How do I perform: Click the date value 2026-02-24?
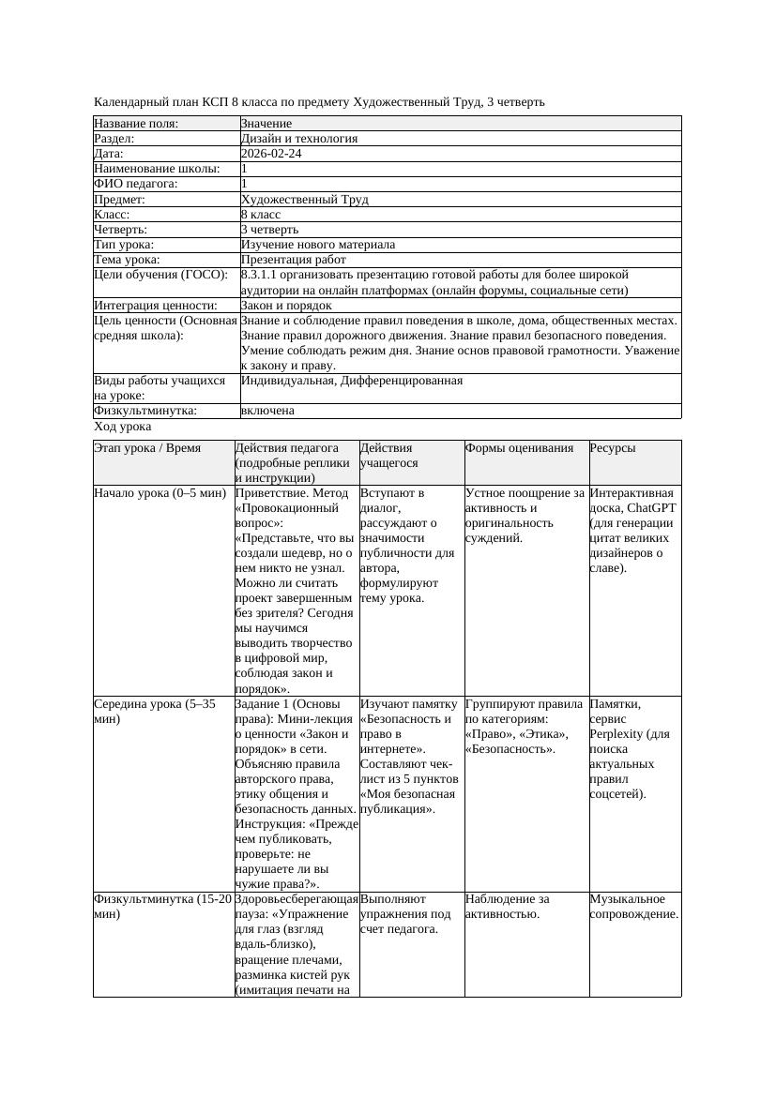pyautogui.click(x=271, y=153)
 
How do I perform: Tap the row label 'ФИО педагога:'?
pyautogui.click(x=136, y=184)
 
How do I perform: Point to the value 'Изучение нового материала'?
pyautogui.click(x=318, y=244)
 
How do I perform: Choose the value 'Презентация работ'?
pyautogui.click(x=294, y=259)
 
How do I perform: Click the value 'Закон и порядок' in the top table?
pyautogui.click(x=286, y=305)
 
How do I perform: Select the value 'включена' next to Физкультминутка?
pyautogui.click(x=267, y=411)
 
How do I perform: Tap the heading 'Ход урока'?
pyautogui.click(x=122, y=427)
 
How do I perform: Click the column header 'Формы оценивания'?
pyautogui.click(x=519, y=448)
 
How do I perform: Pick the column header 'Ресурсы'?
pyautogui.click(x=612, y=448)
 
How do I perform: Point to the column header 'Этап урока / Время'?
pyautogui.click(x=147, y=448)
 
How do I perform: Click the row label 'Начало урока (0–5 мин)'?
pyautogui.click(x=160, y=492)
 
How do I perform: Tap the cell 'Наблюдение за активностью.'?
pyautogui.click(x=507, y=906)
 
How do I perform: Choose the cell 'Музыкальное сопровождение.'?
pyautogui.click(x=633, y=906)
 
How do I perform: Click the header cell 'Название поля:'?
pyautogui.click(x=136, y=123)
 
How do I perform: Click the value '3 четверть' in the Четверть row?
pyautogui.click(x=270, y=229)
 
